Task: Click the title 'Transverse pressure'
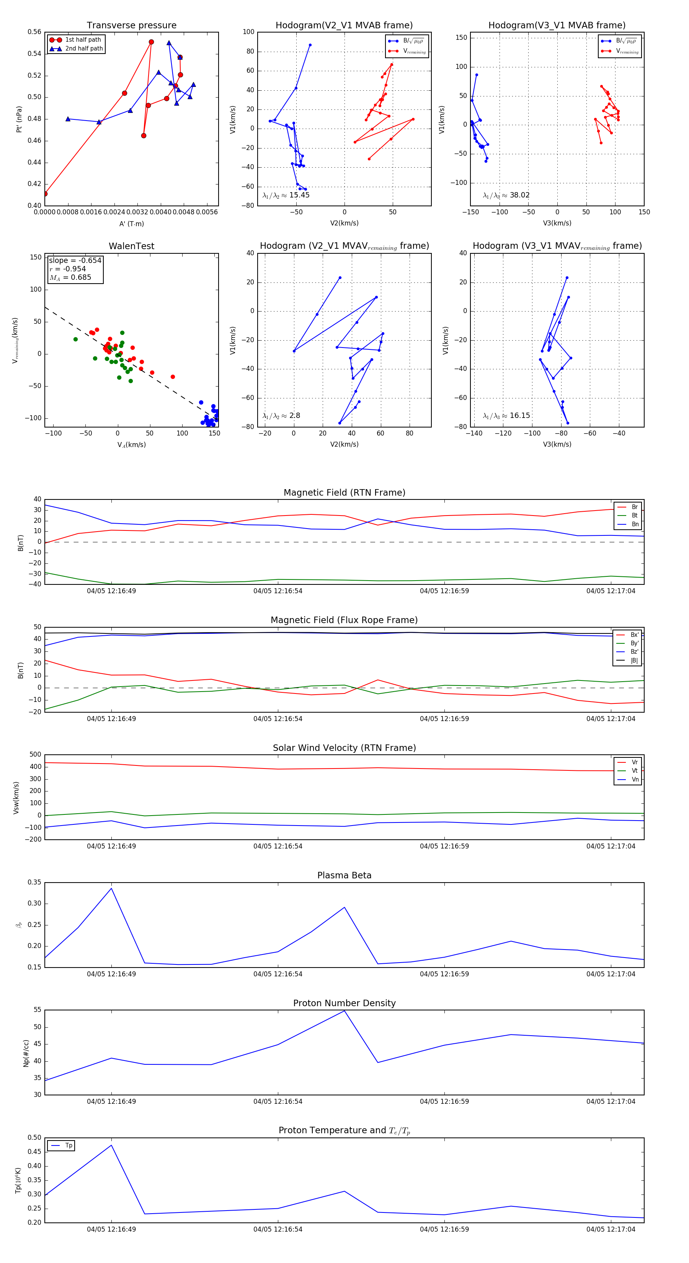pos(131,26)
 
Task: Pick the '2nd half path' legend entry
pos(84,49)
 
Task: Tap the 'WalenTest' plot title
pos(131,246)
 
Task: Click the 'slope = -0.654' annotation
pos(75,260)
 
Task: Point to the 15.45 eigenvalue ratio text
pos(286,195)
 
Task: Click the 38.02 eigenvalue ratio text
pos(506,195)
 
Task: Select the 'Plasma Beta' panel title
pos(344,875)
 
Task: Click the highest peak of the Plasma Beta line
pos(111,888)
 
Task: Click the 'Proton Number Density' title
pos(344,1003)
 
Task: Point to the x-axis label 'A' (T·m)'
pos(131,224)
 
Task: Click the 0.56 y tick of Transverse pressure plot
pos(34,32)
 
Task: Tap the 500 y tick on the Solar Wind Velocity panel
pos(35,755)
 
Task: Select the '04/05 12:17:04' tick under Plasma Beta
pos(611,974)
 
